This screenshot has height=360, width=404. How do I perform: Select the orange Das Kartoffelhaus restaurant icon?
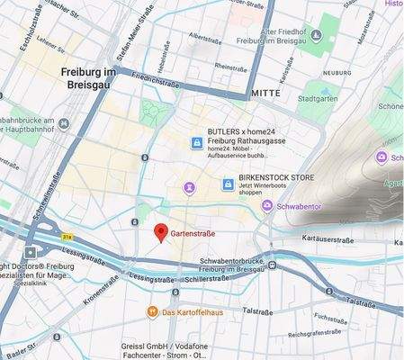[x=153, y=312]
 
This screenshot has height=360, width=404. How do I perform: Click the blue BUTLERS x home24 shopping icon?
[x=195, y=143]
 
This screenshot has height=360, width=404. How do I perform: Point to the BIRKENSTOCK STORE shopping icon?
[x=229, y=184]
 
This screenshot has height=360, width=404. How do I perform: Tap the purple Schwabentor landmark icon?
[x=267, y=207]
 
